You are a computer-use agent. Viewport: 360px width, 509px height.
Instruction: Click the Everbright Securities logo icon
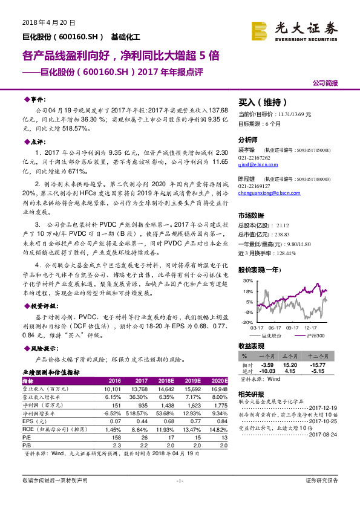pos(260,29)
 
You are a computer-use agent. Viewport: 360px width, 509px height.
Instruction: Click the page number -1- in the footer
pos(180,497)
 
